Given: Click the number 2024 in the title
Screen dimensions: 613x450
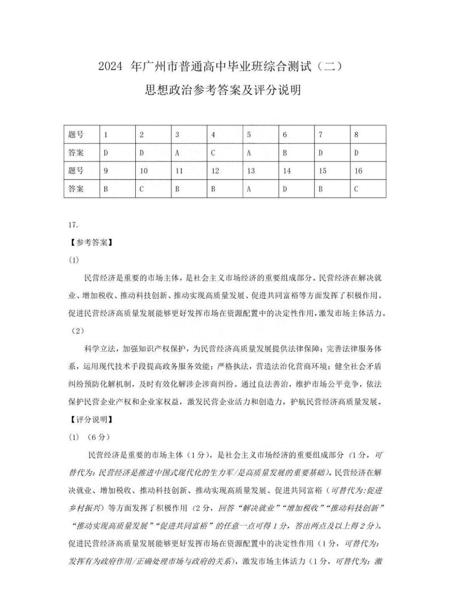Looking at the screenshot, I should pyautogui.click(x=110, y=67).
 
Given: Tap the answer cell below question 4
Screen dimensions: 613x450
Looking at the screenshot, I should pyautogui.click(x=225, y=152).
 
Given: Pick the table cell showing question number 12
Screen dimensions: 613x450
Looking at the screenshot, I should pyautogui.click(x=225, y=171).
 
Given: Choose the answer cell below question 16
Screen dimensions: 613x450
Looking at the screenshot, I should pyautogui.click(x=368, y=189).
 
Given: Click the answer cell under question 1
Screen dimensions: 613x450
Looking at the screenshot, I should pyautogui.click(x=117, y=152).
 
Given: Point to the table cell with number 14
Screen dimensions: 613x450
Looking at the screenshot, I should pyautogui.click(x=296, y=171).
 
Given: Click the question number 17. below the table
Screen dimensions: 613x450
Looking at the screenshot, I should pyautogui.click(x=73, y=225).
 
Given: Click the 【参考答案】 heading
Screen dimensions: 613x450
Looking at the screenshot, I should pyautogui.click(x=91, y=242).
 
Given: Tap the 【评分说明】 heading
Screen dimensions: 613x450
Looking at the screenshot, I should pyautogui.click(x=91, y=419).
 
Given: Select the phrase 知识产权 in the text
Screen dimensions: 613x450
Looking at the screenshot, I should pyautogui.click(x=165, y=349).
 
